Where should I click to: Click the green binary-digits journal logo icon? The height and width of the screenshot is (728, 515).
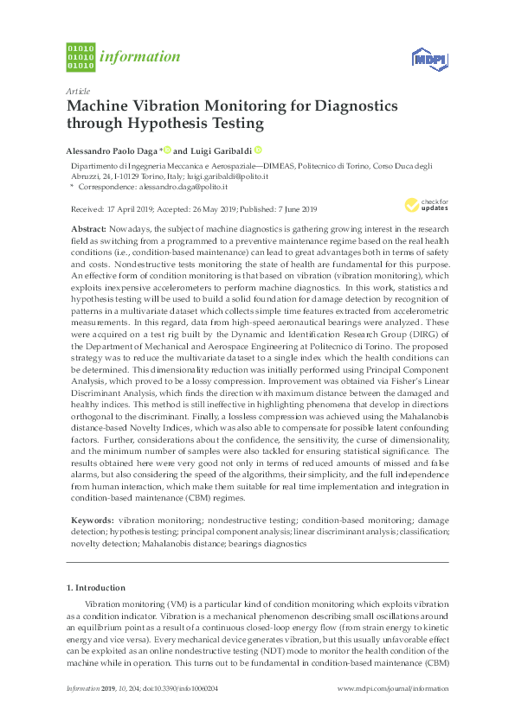point(80,57)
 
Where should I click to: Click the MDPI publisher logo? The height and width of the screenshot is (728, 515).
point(428,59)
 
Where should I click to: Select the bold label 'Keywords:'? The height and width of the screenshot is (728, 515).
point(90,521)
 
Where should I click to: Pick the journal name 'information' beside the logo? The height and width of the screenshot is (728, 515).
point(139,57)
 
